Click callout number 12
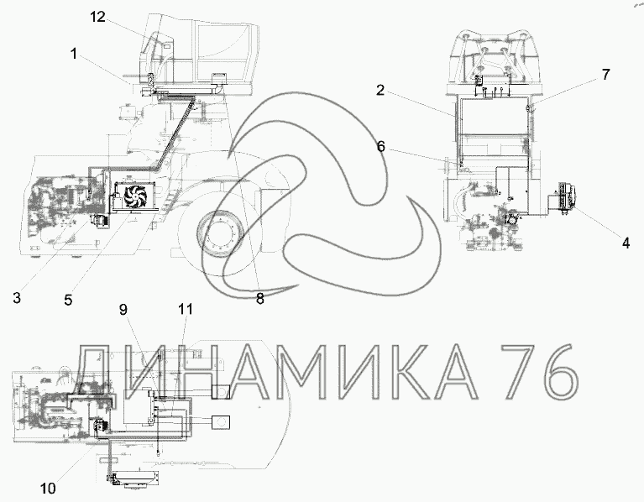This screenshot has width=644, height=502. pos(98,18)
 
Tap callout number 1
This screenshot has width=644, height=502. pos(74,54)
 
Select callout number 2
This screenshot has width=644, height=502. pos(380,90)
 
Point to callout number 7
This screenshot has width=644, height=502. pos(606,75)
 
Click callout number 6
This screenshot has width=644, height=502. pos(381,146)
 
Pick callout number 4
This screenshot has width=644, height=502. pos(626,243)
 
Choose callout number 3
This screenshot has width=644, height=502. pos(17,297)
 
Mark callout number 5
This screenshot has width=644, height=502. pos(68,300)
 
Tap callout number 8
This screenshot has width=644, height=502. pos(260,299)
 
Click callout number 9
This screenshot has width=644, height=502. pos(123,310)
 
